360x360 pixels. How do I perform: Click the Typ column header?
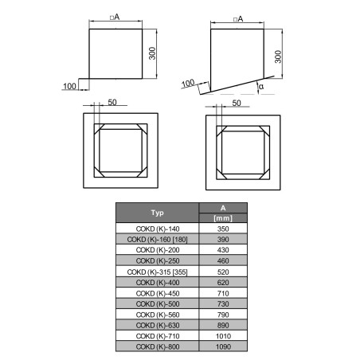coord(157,213)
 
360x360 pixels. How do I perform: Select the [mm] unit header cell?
coord(223,218)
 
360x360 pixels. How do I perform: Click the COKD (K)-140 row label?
coord(158,229)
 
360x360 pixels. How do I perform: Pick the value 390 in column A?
coord(223,239)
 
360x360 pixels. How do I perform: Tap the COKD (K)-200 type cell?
coord(158,250)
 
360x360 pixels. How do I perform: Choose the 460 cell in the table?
coord(223,260)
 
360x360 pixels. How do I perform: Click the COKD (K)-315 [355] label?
coord(158,272)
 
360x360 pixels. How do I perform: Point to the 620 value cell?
coord(223,283)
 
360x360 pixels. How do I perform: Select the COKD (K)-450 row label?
coord(158,293)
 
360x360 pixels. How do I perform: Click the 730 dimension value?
coord(223,303)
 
